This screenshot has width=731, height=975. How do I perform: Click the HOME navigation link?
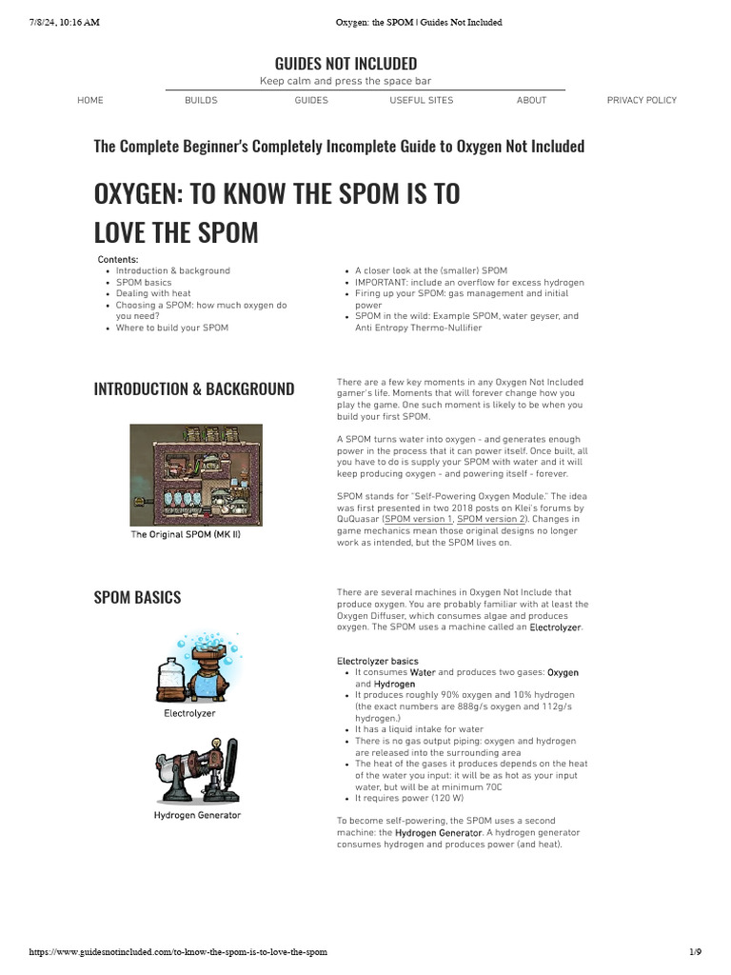pyautogui.click(x=90, y=100)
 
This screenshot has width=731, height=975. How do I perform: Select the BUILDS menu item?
pyautogui.click(x=201, y=100)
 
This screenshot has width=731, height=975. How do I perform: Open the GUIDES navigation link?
pyautogui.click(x=311, y=100)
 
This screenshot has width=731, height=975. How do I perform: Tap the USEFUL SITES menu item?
pyautogui.click(x=421, y=100)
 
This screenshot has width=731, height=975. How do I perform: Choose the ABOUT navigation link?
pyautogui.click(x=531, y=100)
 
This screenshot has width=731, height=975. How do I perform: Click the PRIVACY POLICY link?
pyautogui.click(x=642, y=100)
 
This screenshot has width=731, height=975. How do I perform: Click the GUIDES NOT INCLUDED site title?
pyautogui.click(x=346, y=64)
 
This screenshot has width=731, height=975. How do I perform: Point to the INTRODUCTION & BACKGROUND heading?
pyautogui.click(x=194, y=388)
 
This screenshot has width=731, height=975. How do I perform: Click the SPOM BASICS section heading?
pyautogui.click(x=137, y=597)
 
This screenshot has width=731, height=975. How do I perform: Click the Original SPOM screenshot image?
pyautogui.click(x=196, y=473)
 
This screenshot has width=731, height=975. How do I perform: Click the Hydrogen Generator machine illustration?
pyautogui.click(x=197, y=768)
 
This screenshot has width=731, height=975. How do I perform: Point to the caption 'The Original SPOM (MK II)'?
pyautogui.click(x=186, y=535)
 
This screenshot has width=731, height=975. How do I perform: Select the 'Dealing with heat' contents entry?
pyautogui.click(x=153, y=293)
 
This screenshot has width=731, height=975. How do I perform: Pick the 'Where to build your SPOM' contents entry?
pyautogui.click(x=172, y=328)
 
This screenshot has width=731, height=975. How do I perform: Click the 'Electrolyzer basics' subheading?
pyautogui.click(x=377, y=661)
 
